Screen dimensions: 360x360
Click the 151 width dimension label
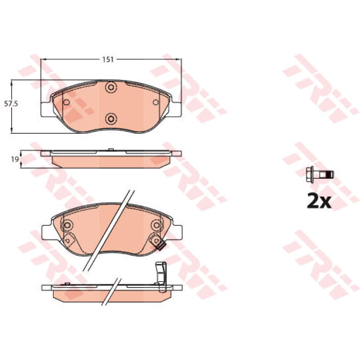coord(108,59)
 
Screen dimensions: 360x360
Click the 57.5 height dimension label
coord(11,104)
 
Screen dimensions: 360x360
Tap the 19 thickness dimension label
coord(15,159)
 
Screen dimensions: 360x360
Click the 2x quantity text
coord(319,201)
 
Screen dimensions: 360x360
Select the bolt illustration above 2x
coord(320,175)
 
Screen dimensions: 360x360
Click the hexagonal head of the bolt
coord(310,175)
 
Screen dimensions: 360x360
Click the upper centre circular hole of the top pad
coord(111,87)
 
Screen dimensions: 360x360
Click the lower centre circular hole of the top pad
coord(111,119)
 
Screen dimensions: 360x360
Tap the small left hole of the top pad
coord(67,102)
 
